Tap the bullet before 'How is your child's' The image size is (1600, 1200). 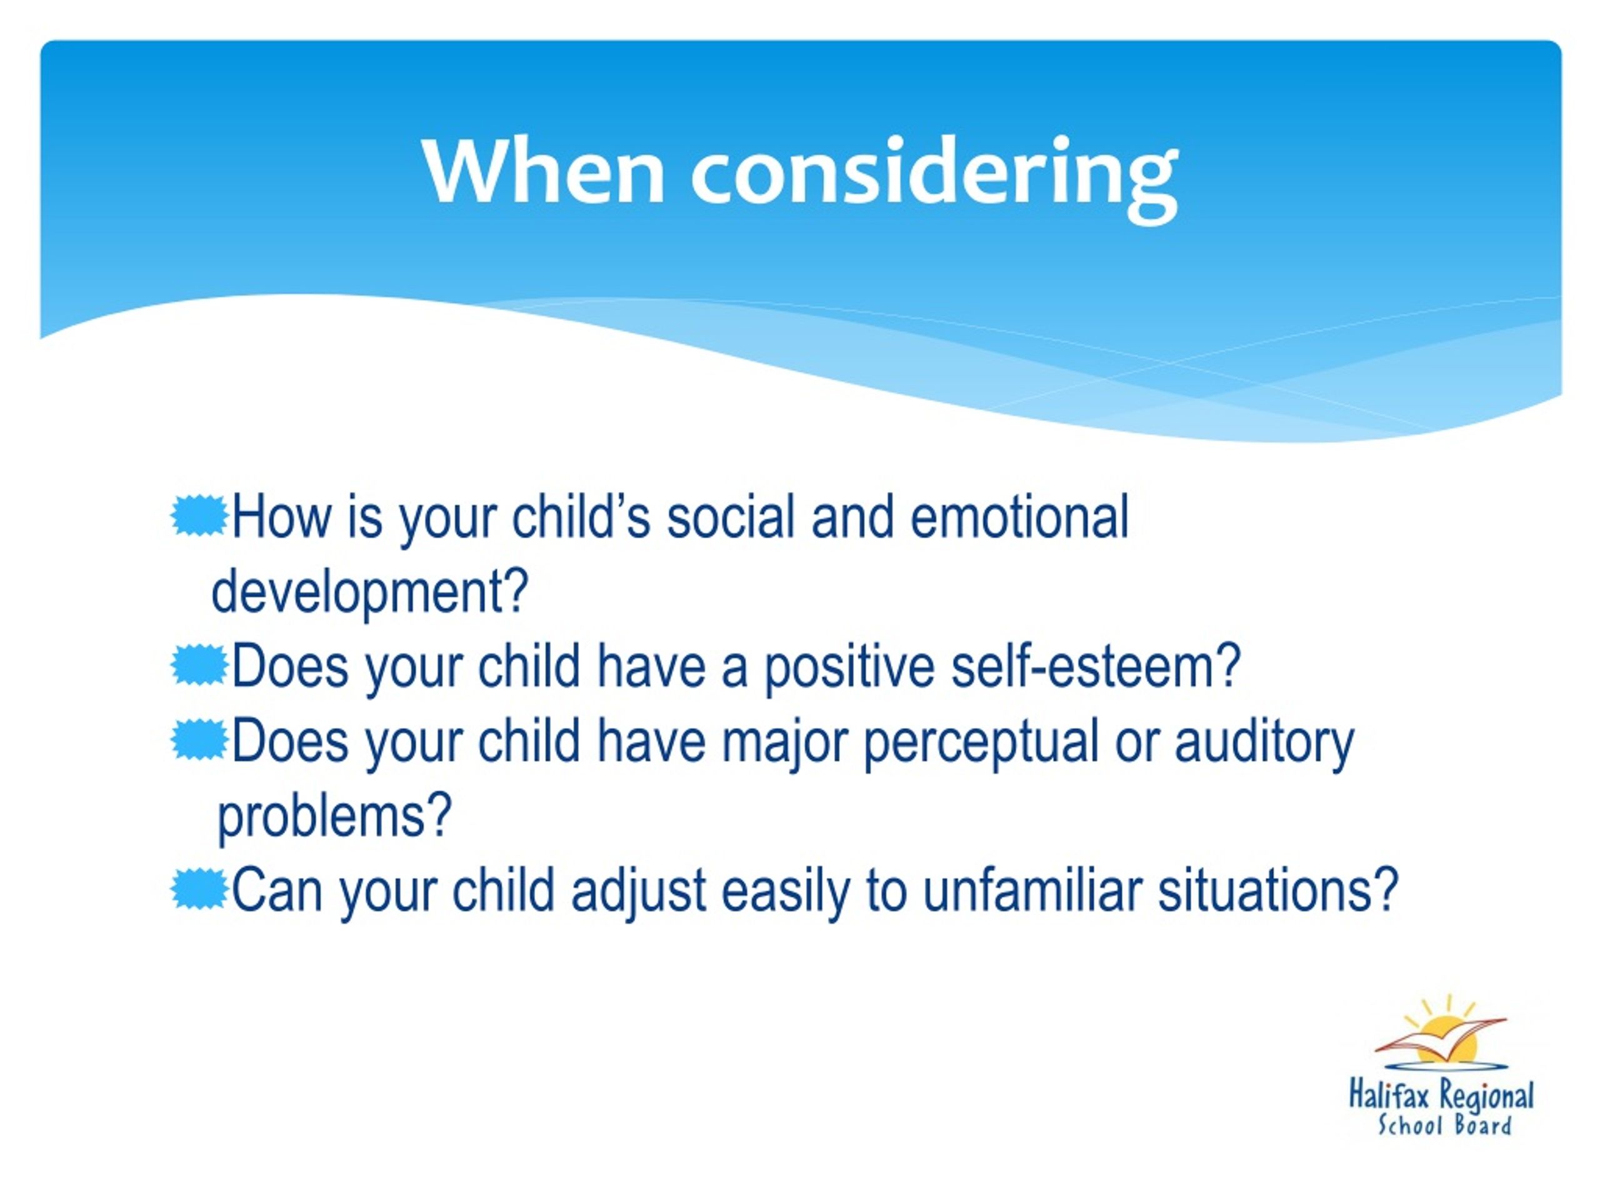(199, 516)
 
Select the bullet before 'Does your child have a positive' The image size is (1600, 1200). (199, 666)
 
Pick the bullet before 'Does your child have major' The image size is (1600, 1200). (199, 740)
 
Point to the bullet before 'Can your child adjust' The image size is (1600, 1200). (199, 890)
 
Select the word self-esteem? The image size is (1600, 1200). (1096, 666)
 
